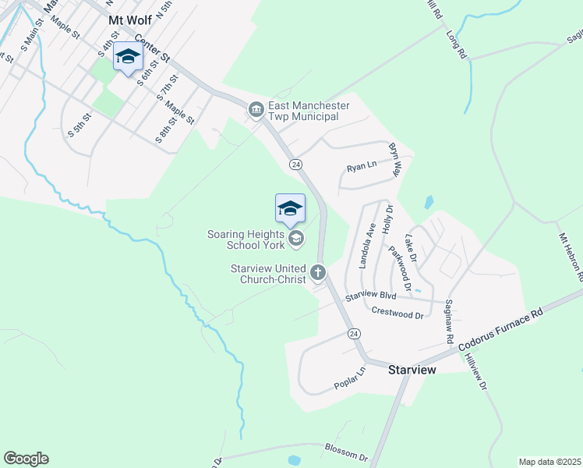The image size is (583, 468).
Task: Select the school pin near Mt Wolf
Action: (128, 57)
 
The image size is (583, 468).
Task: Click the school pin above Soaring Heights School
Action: (290, 208)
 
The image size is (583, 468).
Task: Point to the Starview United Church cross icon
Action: (317, 272)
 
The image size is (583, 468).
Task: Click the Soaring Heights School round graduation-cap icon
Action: (295, 239)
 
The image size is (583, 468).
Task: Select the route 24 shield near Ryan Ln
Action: (295, 165)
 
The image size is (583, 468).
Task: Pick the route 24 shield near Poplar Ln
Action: (354, 333)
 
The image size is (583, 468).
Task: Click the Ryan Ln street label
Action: (361, 167)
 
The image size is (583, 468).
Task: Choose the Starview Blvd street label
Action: (372, 296)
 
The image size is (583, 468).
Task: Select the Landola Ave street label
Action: (366, 246)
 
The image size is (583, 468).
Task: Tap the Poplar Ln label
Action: (349, 379)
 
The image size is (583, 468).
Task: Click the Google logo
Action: (26, 459)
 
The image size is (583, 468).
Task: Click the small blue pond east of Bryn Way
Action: (429, 202)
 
